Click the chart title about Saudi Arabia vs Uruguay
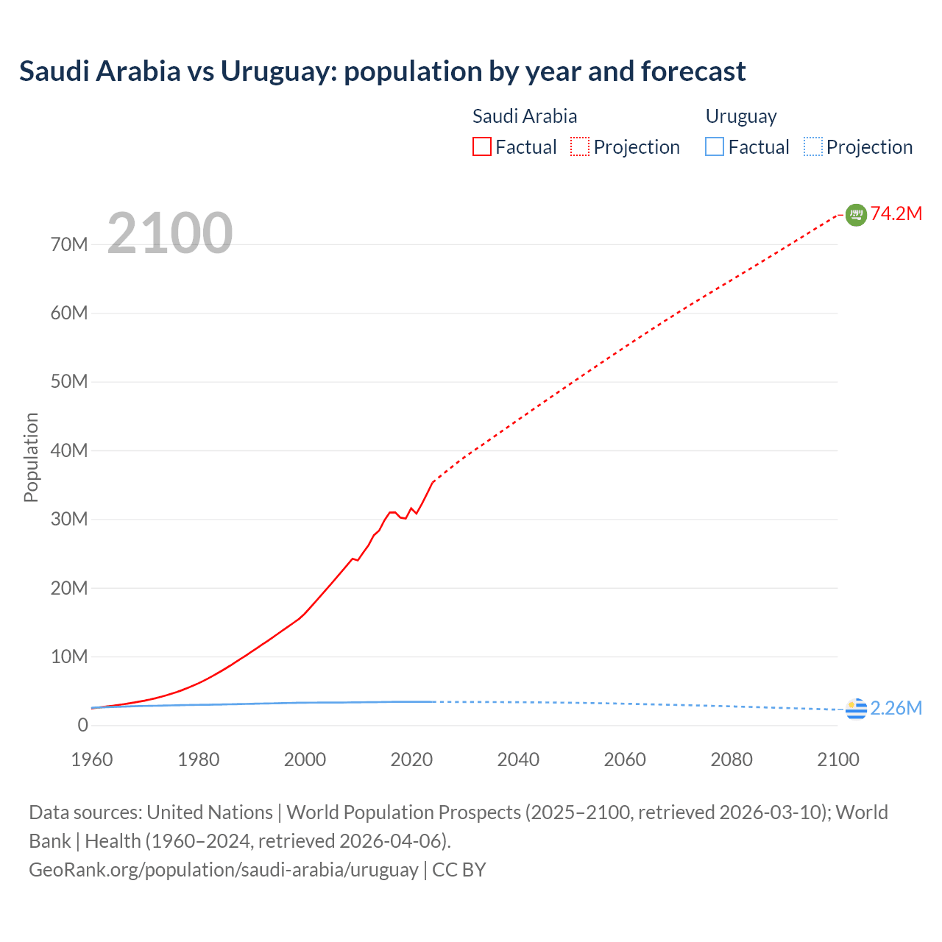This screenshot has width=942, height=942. [382, 71]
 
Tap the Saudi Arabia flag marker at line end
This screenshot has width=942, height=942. [856, 214]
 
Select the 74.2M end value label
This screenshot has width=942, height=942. [896, 214]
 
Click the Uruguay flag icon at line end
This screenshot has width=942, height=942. [856, 709]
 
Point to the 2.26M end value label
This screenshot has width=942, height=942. [896, 708]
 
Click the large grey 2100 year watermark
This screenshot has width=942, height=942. [170, 234]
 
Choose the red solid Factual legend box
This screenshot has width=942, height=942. [482, 147]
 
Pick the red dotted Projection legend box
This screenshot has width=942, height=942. [580, 147]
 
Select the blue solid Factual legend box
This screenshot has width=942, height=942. [715, 147]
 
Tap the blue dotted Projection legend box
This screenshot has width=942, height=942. [813, 147]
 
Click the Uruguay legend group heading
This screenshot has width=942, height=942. [741, 116]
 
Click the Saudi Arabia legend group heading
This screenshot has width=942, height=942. [525, 116]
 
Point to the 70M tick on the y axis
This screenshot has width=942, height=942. [69, 244]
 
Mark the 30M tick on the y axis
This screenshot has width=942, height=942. [69, 519]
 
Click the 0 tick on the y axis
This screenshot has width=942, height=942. [82, 725]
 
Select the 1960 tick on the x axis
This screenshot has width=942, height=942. [92, 759]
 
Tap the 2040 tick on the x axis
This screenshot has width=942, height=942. [518, 759]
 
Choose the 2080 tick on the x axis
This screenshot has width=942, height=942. [732, 759]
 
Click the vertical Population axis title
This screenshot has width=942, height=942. [31, 457]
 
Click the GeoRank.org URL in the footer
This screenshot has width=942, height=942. [223, 870]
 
